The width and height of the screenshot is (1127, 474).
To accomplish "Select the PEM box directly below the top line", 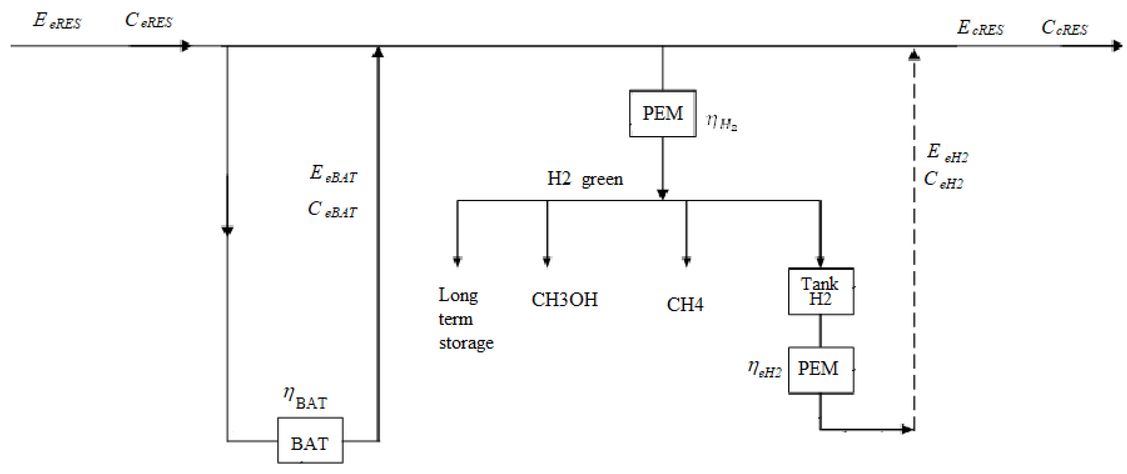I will [x=662, y=114].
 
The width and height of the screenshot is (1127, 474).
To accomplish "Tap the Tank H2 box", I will [x=820, y=291].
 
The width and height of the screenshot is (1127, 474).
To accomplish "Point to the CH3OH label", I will [x=564, y=300].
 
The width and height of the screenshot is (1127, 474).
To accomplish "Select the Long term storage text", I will [x=465, y=319].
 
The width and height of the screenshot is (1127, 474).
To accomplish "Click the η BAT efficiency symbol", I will [x=305, y=398].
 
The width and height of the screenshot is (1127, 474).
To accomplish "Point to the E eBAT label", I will [x=333, y=174].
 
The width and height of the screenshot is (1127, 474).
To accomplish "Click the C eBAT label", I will [x=332, y=210].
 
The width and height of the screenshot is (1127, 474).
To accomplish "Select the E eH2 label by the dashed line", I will [x=947, y=153].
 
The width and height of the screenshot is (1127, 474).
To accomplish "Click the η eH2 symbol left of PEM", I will [x=764, y=369].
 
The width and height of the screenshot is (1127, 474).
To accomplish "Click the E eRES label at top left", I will [x=57, y=20].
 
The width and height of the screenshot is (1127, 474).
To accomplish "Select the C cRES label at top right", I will [x=1064, y=28].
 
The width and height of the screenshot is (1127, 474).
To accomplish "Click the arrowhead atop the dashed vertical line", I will [x=914, y=55].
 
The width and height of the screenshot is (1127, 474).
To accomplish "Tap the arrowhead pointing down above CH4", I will [x=686, y=262].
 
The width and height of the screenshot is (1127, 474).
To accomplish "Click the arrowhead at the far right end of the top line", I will [x=1117, y=46].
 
